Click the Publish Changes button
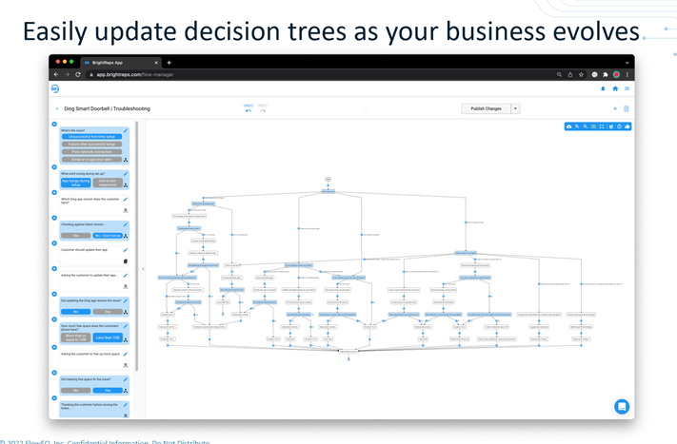click(486, 108)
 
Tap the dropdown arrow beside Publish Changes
click(515, 108)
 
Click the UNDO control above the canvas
click(249, 108)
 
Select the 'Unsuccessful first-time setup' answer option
click(91, 137)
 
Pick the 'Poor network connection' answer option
click(91, 152)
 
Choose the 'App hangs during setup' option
click(76, 183)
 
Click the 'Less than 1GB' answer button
click(108, 338)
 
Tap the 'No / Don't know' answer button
click(108, 236)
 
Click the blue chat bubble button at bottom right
click(621, 406)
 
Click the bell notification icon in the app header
click(603, 88)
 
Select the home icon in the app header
click(615, 88)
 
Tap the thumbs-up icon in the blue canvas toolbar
click(627, 126)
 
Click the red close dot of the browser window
click(57, 63)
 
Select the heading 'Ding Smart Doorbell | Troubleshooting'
click(107, 108)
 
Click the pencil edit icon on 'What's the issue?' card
click(126, 131)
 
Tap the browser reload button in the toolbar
click(78, 74)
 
